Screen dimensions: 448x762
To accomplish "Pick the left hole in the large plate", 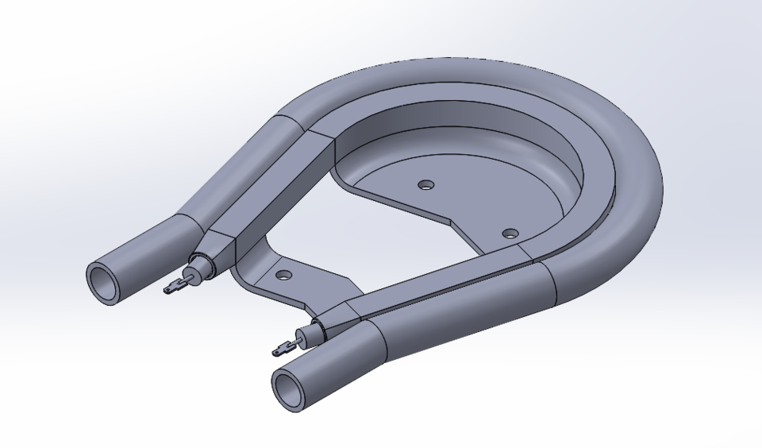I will click(x=426, y=184).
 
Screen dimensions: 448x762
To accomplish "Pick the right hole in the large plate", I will click(x=510, y=234).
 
